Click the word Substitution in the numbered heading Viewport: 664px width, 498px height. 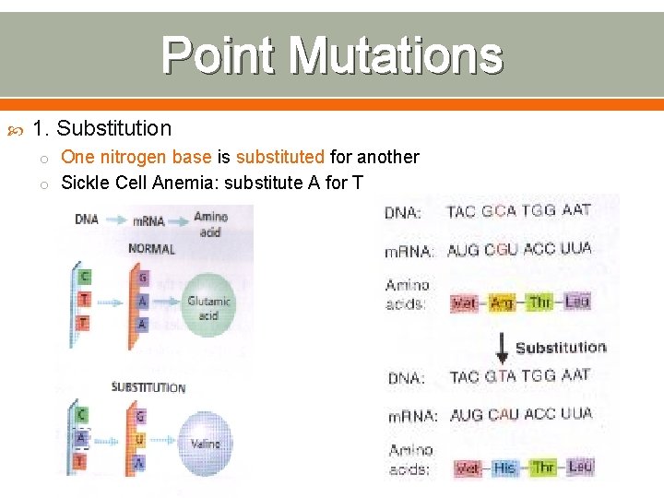coord(113,128)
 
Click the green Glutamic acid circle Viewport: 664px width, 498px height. coord(208,308)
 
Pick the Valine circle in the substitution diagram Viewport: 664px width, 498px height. coord(206,444)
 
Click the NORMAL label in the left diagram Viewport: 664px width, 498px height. coord(152,249)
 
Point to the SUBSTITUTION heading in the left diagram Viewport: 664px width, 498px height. coord(148,387)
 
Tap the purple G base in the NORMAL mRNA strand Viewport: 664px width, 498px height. coord(141,278)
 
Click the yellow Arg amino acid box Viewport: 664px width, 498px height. coord(501,302)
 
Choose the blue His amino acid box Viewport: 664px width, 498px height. coord(504,468)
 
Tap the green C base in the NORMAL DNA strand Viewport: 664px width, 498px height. coord(85,276)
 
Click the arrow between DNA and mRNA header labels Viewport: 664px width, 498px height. coord(115,220)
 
